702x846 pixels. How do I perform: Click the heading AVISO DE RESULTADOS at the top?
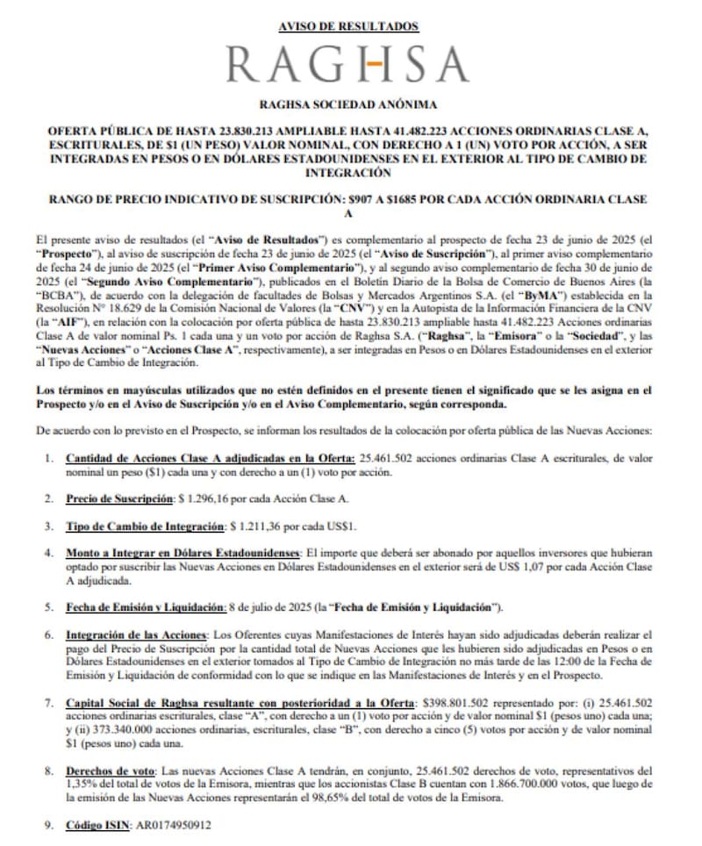[x=348, y=27]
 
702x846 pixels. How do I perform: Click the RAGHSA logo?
[x=347, y=65]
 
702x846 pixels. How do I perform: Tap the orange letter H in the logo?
[x=374, y=65]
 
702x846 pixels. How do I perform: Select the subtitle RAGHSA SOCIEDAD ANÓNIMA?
[x=348, y=104]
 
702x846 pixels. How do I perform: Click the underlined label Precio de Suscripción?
[x=119, y=498]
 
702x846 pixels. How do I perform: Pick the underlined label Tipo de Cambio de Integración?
[x=145, y=527]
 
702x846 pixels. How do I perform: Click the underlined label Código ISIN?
[x=96, y=826]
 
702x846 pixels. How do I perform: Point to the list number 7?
[x=47, y=703]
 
